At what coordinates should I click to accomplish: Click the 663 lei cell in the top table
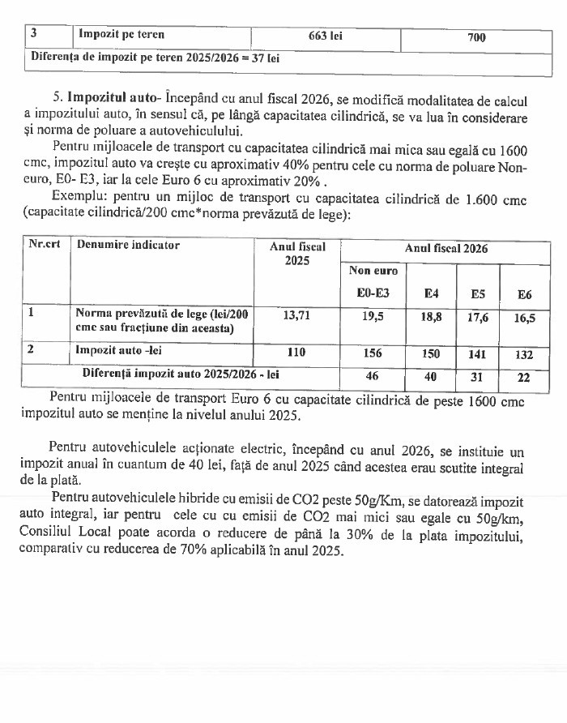(326, 36)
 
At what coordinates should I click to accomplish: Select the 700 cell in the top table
(477, 37)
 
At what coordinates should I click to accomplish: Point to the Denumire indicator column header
(127, 245)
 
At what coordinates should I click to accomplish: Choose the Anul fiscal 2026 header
(446, 250)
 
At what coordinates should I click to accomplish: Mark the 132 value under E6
(524, 354)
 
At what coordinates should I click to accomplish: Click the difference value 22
(524, 378)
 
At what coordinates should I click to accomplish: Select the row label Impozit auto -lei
(117, 352)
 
